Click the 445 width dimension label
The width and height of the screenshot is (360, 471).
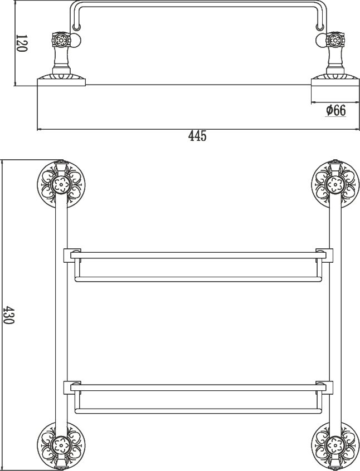coord(198,136)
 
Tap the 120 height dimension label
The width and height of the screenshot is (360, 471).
coord(21,43)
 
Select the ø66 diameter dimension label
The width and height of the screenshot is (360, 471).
coord(336,111)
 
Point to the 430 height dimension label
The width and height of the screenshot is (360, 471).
coord(8,315)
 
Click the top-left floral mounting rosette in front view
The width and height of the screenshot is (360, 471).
coord(61,184)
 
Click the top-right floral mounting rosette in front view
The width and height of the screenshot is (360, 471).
coord(335,184)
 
